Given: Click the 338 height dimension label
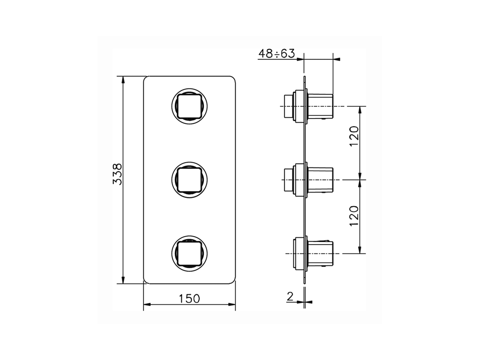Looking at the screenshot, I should tap(117, 174).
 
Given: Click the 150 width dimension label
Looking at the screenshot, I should tap(189, 298).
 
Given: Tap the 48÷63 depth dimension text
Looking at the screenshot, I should tap(276, 54).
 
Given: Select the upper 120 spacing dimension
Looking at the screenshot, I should tap(354, 138).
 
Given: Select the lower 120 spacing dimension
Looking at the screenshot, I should tap(354, 216).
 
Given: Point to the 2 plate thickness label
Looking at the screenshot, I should tap(290, 296).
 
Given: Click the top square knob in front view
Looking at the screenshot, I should tap(189, 106).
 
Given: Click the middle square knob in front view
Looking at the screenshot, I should tap(189, 180).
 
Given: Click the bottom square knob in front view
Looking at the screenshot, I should tap(189, 254).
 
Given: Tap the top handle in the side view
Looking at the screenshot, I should tap(320, 106).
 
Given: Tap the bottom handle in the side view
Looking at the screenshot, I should tap(320, 254).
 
